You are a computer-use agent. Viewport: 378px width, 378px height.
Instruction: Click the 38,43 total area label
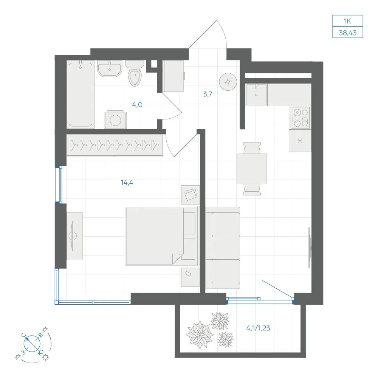pyautogui.click(x=347, y=33)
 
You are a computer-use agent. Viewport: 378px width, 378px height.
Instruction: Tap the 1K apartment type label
pyautogui.click(x=347, y=21)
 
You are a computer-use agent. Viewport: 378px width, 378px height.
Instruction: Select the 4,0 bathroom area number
pyautogui.click(x=137, y=105)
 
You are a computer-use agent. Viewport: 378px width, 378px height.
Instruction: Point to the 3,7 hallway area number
pyautogui.click(x=208, y=94)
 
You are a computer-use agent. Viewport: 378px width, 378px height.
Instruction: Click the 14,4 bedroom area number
pyautogui.click(x=127, y=183)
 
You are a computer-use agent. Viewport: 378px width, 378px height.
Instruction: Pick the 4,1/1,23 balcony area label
pyautogui.click(x=258, y=328)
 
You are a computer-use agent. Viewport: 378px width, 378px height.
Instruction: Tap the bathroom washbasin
pyautogui.click(x=110, y=68)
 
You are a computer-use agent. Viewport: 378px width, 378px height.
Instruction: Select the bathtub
pyautogui.click(x=81, y=94)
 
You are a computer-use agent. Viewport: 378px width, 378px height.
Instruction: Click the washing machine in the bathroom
pyautogui.click(x=115, y=119)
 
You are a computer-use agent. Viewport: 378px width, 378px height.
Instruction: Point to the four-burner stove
pyautogui.click(x=300, y=118)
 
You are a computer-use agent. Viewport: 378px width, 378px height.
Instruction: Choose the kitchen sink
pyautogui.click(x=256, y=94)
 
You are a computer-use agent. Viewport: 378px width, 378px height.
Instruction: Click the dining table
pyautogui.click(x=252, y=169)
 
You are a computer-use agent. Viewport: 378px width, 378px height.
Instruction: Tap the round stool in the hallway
pyautogui.click(x=228, y=82)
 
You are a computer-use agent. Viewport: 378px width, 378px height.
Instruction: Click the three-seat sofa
pyautogui.click(x=223, y=248)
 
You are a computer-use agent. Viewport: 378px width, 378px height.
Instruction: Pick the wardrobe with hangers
pyautogui.click(x=115, y=146)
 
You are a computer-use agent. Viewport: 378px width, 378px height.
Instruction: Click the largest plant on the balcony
pyautogui.click(x=200, y=335)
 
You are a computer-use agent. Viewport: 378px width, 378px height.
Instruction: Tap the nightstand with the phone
pyautogui.click(x=191, y=277)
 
